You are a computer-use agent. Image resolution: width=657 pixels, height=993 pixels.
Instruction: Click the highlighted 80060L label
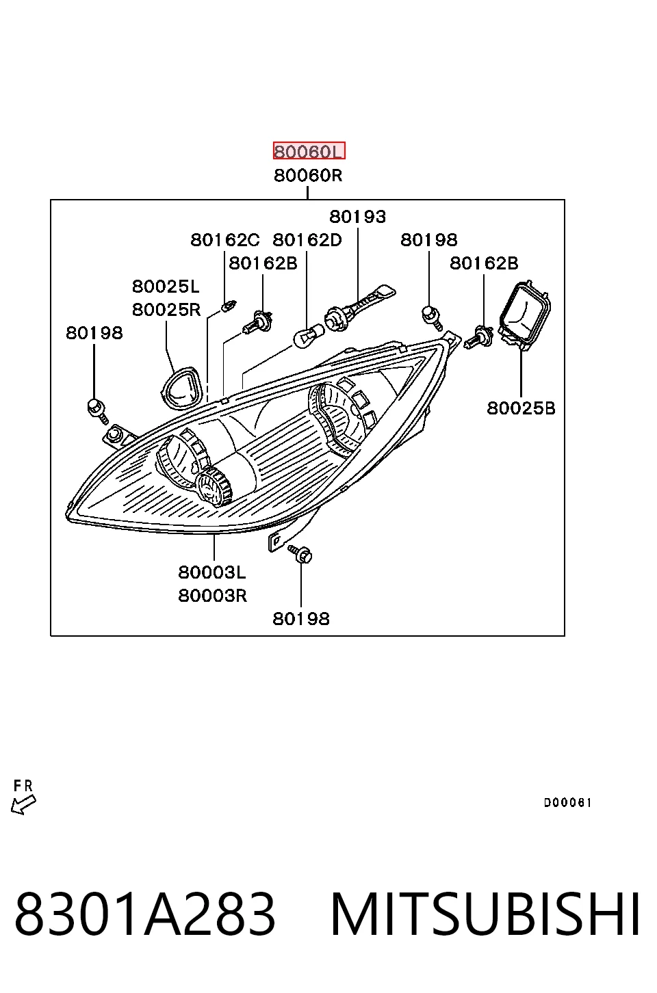coord(309,150)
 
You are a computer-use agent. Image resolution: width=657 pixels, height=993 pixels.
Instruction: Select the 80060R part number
coord(308,176)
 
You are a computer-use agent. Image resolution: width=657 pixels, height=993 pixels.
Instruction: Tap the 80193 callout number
coord(357,217)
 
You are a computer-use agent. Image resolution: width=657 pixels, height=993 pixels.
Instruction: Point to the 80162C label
coord(225,240)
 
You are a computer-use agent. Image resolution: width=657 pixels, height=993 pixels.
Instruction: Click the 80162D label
coord(307,240)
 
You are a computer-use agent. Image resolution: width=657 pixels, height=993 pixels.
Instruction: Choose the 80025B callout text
coord(521,408)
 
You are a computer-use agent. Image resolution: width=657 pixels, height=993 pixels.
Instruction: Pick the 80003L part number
coord(211,572)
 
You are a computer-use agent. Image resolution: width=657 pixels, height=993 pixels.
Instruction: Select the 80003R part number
coord(212,596)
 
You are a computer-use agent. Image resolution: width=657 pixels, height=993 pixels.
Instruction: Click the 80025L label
coord(166,287)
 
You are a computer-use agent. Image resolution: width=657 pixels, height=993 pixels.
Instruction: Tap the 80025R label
coord(166,309)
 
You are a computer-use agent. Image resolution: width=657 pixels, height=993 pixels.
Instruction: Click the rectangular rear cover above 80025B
coord(525,314)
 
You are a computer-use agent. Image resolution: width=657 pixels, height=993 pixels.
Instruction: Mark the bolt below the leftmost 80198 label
coord(98,410)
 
